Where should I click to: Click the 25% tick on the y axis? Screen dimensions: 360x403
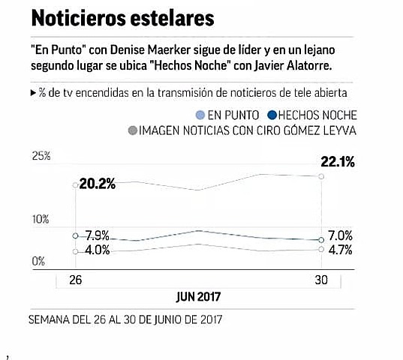coord(40,156)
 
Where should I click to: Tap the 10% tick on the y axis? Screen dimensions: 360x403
coord(40,220)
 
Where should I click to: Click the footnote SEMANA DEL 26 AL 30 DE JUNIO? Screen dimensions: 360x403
coord(125,318)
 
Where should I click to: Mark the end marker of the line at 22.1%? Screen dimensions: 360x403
coord(321,176)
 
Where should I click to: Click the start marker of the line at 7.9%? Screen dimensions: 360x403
coord(75,235)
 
